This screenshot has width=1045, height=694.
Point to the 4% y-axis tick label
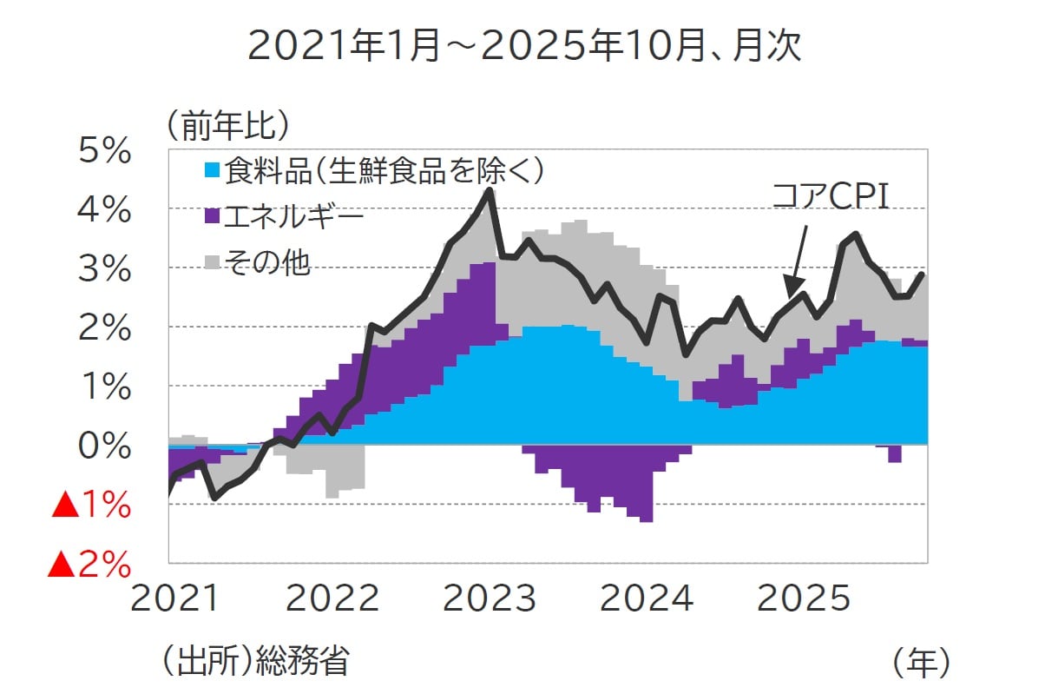click(104, 210)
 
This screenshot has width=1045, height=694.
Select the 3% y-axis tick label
click(104, 269)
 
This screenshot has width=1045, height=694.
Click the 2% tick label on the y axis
click(104, 328)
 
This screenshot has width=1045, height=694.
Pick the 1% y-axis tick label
click(104, 387)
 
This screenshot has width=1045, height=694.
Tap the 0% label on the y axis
click(104, 446)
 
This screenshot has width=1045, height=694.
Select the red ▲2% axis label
click(89, 565)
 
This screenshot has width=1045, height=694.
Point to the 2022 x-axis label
click(333, 599)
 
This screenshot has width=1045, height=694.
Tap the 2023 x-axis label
click(490, 599)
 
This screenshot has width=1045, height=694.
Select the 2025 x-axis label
click(804, 599)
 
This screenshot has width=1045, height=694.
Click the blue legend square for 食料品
click(212, 170)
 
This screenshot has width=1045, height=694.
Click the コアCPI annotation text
click(831, 195)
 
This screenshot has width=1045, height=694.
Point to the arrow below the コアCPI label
click(797, 261)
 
